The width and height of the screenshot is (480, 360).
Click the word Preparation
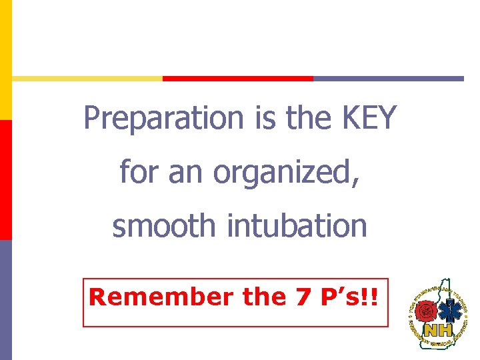pos(163,119)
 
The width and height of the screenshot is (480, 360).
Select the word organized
pos(287,172)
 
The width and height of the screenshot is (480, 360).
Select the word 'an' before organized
pos(187,173)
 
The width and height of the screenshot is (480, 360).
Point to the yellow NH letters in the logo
pos(437,331)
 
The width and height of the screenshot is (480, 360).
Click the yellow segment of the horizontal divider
pos(87,78)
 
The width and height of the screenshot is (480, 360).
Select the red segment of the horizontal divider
pos(238,78)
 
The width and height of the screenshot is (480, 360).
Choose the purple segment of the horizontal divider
pos(388,78)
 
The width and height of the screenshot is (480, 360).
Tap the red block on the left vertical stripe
pos(5,179)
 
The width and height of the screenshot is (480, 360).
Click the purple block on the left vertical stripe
pos(5,299)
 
